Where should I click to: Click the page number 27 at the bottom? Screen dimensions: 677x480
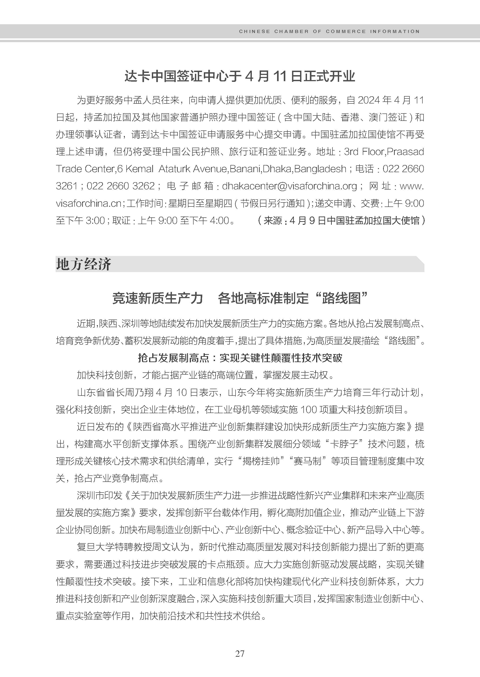[x=240, y=653]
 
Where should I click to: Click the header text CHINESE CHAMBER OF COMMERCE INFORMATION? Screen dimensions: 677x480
[x=329, y=31]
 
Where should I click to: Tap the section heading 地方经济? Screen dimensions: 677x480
[x=84, y=264]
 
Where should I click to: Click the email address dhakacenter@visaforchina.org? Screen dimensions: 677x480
[x=289, y=186]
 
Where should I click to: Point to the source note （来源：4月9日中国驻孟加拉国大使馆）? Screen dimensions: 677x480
[x=341, y=220]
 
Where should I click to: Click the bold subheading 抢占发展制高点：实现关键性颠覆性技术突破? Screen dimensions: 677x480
[x=240, y=358]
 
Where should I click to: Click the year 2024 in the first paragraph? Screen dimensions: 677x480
[x=369, y=100]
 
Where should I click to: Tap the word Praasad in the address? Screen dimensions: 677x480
[x=405, y=152]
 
